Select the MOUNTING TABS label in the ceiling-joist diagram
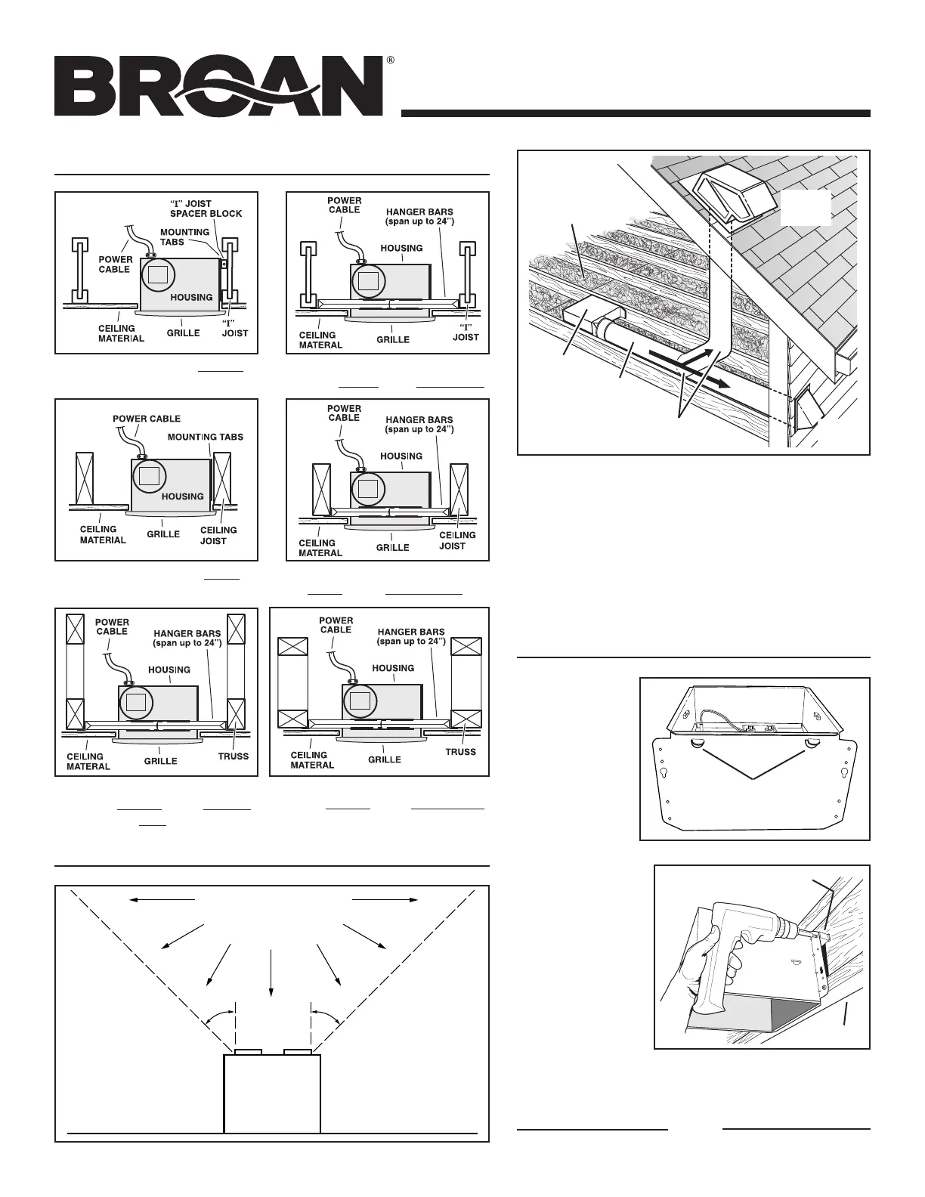click(x=205, y=437)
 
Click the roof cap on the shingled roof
click(x=724, y=196)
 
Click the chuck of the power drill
click(x=802, y=934)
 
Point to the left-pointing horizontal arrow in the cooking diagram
click(x=162, y=899)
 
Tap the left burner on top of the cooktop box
click(x=248, y=1051)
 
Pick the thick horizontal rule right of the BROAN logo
click(x=636, y=113)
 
